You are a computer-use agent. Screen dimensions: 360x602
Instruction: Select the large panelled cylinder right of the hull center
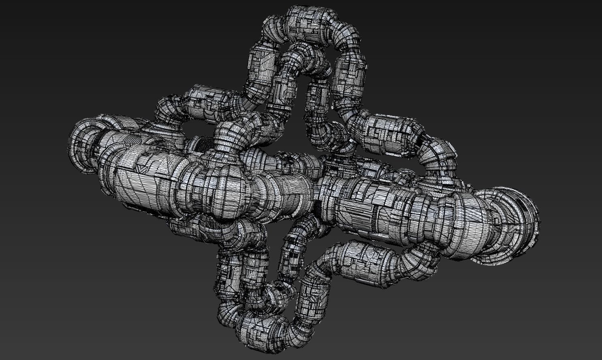[x=365, y=207]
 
